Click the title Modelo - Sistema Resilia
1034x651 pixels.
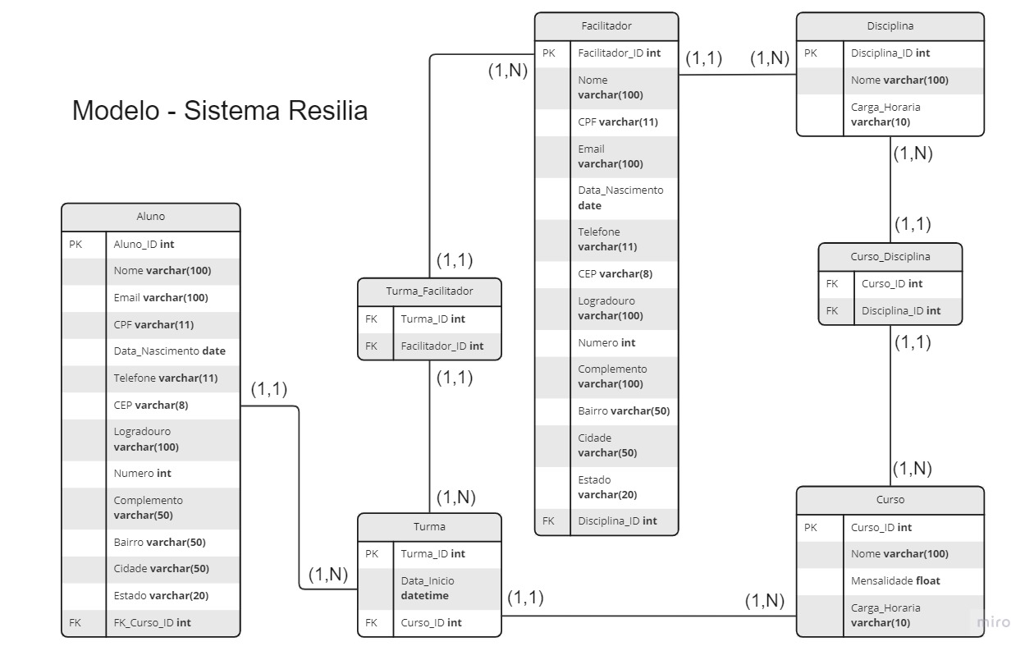coord(219,110)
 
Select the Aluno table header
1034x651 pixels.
coord(150,217)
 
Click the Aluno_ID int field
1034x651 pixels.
coord(144,244)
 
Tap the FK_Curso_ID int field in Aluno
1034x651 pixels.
coord(152,622)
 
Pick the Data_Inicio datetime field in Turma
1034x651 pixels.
coord(427,588)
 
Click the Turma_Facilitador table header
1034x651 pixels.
coord(429,291)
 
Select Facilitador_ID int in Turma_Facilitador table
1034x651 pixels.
coord(442,346)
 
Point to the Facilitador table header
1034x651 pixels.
coord(606,26)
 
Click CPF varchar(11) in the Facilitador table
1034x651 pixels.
coord(617,121)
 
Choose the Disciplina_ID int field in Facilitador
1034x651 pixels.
coord(617,520)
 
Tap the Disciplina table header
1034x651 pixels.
coord(890,26)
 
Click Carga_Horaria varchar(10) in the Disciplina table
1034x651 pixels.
coord(885,114)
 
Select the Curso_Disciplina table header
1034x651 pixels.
coord(890,256)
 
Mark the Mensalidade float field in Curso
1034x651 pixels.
coord(895,580)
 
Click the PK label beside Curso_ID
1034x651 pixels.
coord(811,527)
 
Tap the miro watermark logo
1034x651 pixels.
coord(993,622)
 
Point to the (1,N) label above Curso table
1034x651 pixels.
coord(912,469)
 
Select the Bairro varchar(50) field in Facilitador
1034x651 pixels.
coord(624,410)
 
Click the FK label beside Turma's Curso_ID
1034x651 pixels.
coord(371,622)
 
